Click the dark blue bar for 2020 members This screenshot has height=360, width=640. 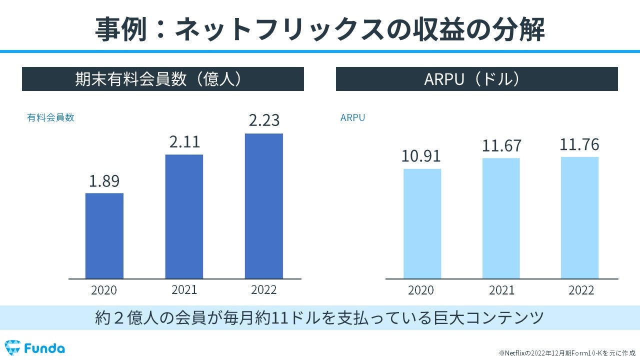click(104, 235)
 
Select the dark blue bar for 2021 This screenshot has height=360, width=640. click(184, 216)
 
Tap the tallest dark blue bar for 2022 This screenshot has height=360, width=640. click(263, 206)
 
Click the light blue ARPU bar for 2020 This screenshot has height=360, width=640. click(422, 223)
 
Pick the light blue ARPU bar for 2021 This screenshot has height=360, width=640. click(501, 218)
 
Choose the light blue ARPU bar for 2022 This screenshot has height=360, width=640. click(579, 218)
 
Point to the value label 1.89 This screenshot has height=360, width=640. click(104, 181)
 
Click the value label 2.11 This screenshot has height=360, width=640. click(184, 142)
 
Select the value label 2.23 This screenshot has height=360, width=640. click(264, 121)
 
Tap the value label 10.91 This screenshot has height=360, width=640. click(421, 156)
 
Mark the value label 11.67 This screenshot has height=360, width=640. click(501, 146)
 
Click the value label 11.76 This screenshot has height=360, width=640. click(579, 144)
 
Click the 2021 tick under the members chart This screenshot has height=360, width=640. click(184, 289)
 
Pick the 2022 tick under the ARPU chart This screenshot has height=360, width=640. click(581, 290)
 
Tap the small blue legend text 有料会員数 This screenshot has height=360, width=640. click(50, 118)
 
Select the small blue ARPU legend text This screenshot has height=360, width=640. click(352, 118)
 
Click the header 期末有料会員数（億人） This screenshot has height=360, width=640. click(162, 79)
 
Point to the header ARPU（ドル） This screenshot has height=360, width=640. click(476, 79)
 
